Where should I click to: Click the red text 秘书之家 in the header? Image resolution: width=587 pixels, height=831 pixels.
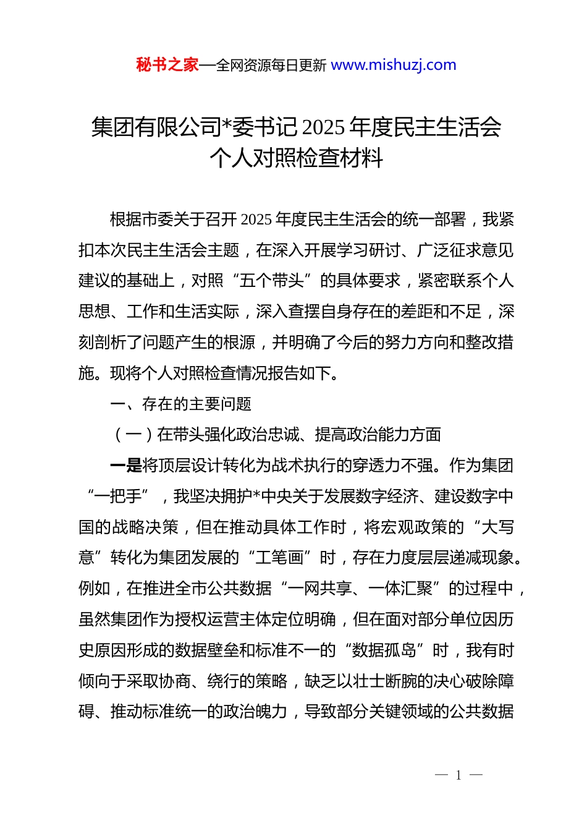tap(167, 65)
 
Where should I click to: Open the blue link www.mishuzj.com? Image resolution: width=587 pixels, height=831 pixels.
tap(394, 65)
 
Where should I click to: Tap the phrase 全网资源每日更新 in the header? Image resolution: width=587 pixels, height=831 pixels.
tap(271, 66)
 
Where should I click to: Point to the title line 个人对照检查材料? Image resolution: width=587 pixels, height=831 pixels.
tap(296, 158)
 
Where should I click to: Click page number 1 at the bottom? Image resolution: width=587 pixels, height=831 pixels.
tap(458, 775)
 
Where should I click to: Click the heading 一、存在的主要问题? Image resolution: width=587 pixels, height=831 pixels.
tap(180, 404)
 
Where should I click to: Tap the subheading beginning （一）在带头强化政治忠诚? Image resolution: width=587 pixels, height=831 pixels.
tap(277, 435)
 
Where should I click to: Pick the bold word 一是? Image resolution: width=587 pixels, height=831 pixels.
tap(126, 466)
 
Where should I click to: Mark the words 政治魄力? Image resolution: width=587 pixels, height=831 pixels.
tap(255, 712)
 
